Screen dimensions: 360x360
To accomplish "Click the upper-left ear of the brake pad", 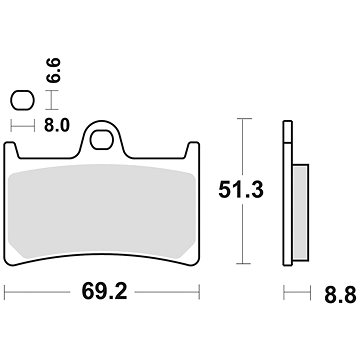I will pos(15,147).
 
